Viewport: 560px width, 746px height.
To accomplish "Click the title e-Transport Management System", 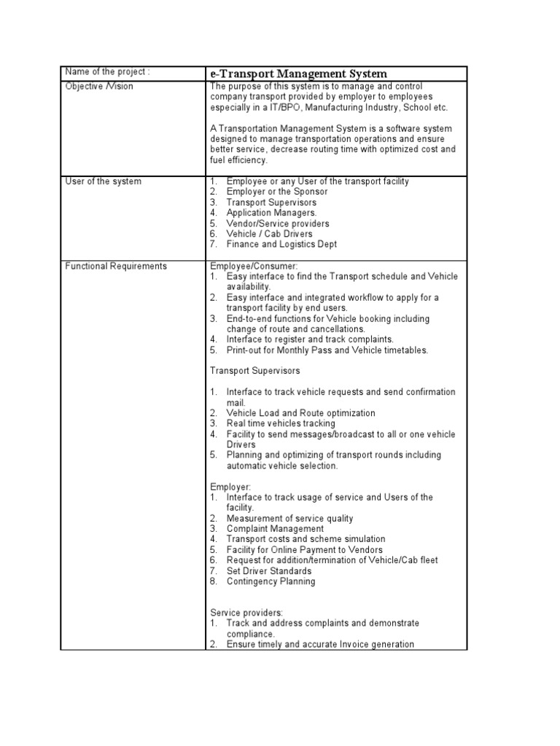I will [x=298, y=74].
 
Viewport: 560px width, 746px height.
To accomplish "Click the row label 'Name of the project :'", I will [x=108, y=71].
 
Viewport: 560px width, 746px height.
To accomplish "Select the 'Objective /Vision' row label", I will [x=99, y=87].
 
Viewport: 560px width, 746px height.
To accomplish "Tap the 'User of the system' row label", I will [x=103, y=181].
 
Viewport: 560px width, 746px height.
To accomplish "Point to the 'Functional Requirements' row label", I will [x=116, y=266].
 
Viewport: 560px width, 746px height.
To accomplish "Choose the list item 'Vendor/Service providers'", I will [x=278, y=224].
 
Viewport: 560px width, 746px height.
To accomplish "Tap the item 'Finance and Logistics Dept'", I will [x=281, y=245].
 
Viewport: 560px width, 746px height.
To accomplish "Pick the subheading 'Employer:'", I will [x=230, y=487].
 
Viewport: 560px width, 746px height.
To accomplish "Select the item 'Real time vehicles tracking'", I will [x=281, y=423].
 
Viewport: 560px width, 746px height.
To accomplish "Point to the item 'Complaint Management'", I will [x=275, y=529].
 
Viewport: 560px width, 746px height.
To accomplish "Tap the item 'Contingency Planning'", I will [x=271, y=581].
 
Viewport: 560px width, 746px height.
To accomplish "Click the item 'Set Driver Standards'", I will [x=268, y=571].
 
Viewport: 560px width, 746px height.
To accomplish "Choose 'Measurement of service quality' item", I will [x=289, y=519].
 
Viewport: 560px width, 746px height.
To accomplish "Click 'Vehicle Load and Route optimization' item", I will [x=300, y=413].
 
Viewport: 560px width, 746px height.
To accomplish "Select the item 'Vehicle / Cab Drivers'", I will [x=269, y=234].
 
